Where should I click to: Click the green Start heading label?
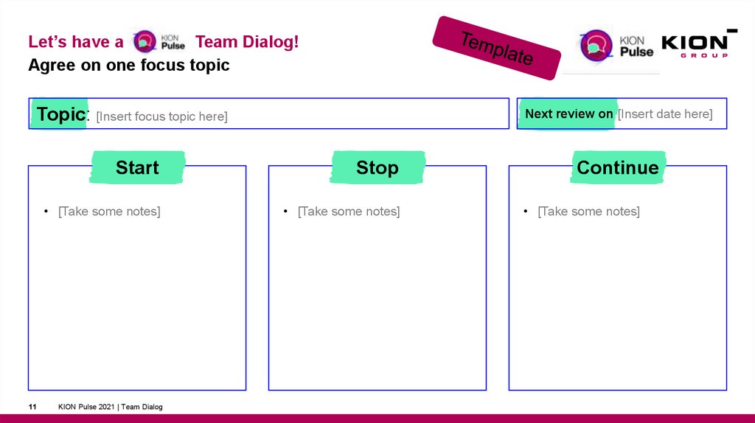tap(137, 167)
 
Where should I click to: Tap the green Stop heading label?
tap(377, 167)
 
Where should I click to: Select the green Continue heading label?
tap(617, 167)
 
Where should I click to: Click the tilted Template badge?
tap(495, 48)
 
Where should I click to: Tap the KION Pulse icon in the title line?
tap(158, 41)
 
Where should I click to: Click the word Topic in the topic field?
tap(61, 114)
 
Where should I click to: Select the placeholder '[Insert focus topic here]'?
tap(161, 116)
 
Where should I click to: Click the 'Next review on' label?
tap(568, 113)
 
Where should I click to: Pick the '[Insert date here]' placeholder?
tap(665, 113)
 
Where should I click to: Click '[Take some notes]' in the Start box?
tap(109, 212)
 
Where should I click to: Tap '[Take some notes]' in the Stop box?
tap(349, 212)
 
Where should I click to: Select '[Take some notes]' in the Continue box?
tap(588, 212)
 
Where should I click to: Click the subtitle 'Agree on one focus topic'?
tap(128, 65)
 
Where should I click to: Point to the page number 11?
tap(32, 407)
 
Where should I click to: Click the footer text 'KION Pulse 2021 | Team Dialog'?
tap(111, 407)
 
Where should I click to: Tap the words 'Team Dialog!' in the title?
tap(247, 42)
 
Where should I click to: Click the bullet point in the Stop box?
tap(285, 212)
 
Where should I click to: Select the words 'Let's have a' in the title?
tap(75, 42)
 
